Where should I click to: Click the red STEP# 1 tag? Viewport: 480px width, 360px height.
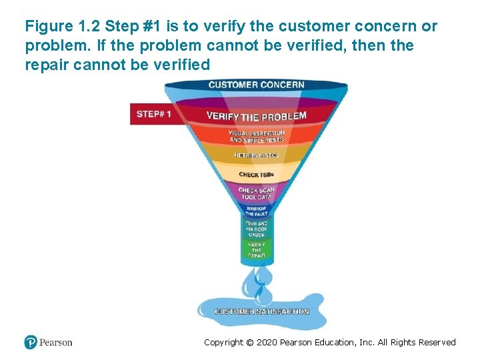pyautogui.click(x=154, y=114)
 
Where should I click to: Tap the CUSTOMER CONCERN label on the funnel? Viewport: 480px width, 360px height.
pyautogui.click(x=256, y=85)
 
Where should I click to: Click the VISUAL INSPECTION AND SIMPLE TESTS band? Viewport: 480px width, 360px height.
pyautogui.click(x=256, y=136)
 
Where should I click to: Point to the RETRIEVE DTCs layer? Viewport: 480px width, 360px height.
pyautogui.click(x=256, y=155)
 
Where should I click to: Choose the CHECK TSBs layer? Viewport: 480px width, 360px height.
pyautogui.click(x=256, y=175)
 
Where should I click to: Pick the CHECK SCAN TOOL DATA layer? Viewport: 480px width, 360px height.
pyautogui.click(x=256, y=193)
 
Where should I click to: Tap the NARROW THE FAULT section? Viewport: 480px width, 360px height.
pyautogui.click(x=257, y=211)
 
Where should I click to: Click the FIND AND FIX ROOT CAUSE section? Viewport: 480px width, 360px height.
pyautogui.click(x=257, y=229)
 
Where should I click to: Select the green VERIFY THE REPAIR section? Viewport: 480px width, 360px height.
pyautogui.click(x=257, y=250)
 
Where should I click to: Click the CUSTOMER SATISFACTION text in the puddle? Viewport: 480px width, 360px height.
pyautogui.click(x=261, y=311)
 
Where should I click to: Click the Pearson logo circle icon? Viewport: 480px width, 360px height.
pyautogui.click(x=31, y=343)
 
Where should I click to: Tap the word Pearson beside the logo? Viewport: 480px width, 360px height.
pyautogui.click(x=55, y=343)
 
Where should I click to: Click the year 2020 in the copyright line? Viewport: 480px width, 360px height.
pyautogui.click(x=266, y=343)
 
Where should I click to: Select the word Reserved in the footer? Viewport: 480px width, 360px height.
pyautogui.click(x=438, y=343)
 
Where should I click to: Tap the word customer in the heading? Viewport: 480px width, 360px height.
pyautogui.click(x=309, y=27)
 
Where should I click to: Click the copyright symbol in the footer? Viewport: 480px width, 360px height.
pyautogui.click(x=250, y=343)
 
